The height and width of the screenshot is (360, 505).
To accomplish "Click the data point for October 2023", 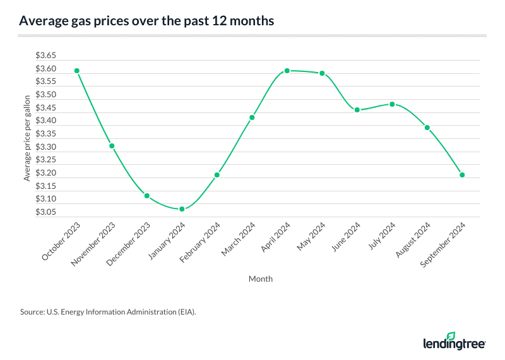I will [x=76, y=71].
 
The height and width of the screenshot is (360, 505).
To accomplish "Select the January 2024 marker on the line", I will [x=182, y=209].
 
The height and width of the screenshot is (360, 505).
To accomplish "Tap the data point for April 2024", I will [x=287, y=71].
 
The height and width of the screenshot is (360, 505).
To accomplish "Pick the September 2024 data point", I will [x=462, y=175].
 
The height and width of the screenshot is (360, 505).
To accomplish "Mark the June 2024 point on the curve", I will [x=357, y=110].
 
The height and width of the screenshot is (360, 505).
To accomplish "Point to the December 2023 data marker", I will [x=146, y=196].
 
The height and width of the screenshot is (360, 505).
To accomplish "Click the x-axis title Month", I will [x=261, y=279].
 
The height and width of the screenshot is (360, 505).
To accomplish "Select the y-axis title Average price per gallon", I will [x=27, y=138].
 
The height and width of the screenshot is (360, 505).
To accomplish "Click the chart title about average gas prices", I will [x=146, y=21].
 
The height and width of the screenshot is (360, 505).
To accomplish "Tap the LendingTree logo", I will [x=454, y=341].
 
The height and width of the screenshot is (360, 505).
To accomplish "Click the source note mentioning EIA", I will [x=104, y=311].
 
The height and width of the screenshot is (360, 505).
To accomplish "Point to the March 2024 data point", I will [x=252, y=117].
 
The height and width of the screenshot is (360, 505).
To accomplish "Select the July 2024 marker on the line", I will [x=392, y=104].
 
